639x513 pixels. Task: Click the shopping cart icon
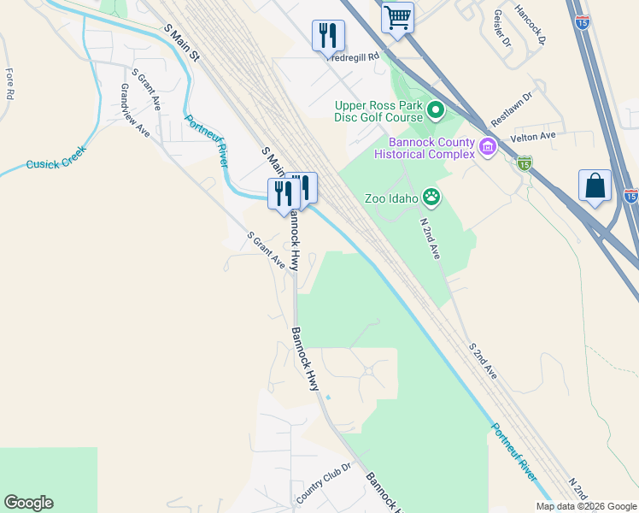(397, 17)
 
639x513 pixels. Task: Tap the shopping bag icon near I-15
(595, 186)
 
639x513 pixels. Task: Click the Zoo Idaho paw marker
(432, 198)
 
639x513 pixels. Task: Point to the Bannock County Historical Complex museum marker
(488, 148)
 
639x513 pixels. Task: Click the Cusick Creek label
(56, 162)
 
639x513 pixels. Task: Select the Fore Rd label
(9, 84)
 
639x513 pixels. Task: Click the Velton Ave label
(533, 136)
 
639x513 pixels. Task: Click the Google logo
(28, 503)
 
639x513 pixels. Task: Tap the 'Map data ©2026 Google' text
(587, 506)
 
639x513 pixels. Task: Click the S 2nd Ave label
(483, 362)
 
